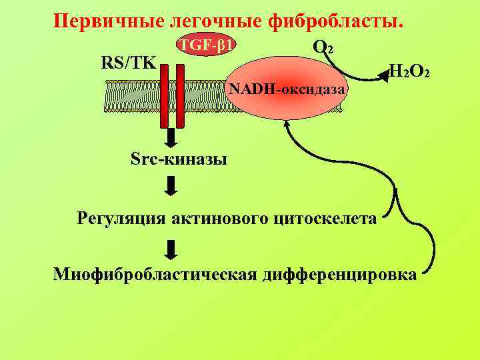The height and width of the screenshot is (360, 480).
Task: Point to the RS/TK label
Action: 129,63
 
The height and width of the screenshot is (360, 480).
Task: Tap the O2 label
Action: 323,47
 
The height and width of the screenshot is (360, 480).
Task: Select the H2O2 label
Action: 409,71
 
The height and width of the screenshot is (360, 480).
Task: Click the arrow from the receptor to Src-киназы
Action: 171,137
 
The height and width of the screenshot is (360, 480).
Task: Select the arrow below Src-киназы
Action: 171,185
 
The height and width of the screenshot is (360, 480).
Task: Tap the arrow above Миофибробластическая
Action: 171,249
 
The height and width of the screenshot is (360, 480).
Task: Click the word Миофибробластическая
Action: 154,274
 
